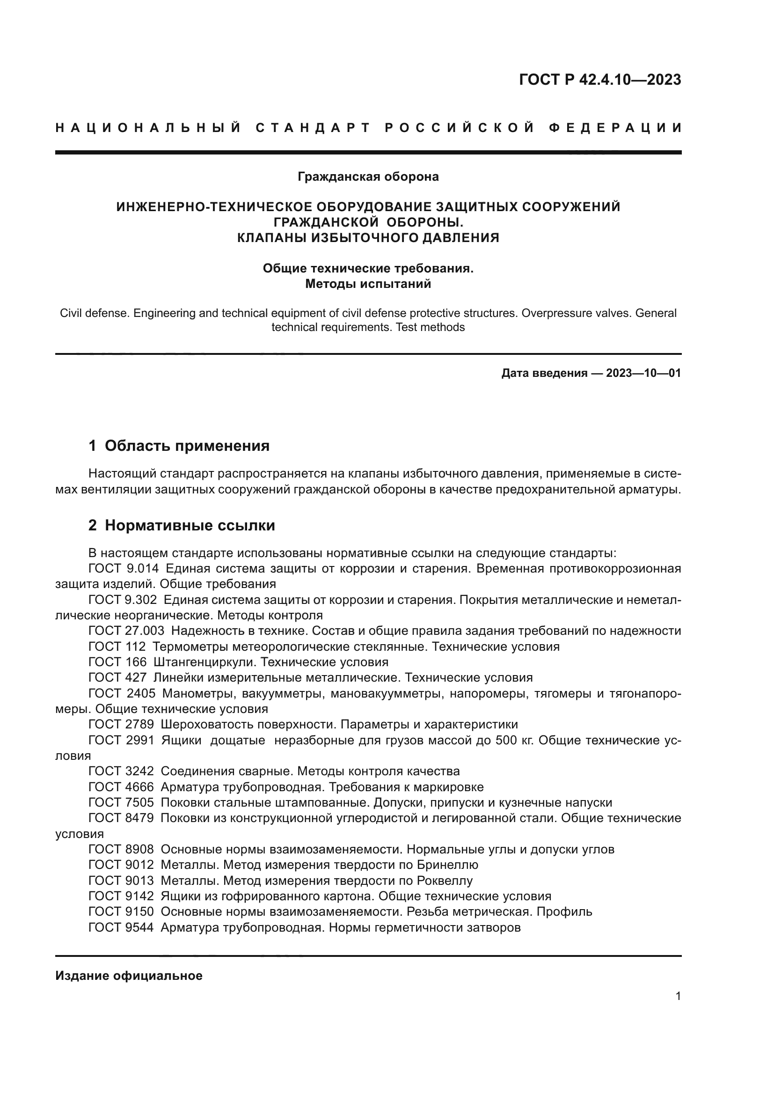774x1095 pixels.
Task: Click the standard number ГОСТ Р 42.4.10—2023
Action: point(599,80)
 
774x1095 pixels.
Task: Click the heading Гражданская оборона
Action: point(368,176)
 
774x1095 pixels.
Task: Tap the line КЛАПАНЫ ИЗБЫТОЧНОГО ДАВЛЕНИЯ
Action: point(368,237)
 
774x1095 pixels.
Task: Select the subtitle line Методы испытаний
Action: point(368,284)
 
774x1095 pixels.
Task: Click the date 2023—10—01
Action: point(643,373)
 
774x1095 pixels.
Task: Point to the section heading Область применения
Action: point(187,446)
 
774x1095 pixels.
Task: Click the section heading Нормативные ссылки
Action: point(190,525)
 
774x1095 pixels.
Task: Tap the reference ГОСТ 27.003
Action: point(126,631)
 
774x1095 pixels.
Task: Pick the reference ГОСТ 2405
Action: point(122,693)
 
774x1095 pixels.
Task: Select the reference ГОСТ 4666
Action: point(122,787)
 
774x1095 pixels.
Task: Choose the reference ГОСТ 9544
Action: point(122,927)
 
